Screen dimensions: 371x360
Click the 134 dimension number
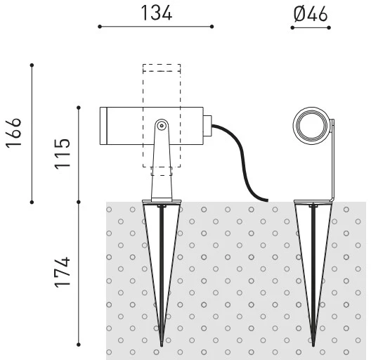coord(157,13)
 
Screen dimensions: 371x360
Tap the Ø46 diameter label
coord(311,14)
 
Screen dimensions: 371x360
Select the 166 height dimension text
coord(13,133)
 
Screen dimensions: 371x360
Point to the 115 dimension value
coord(63,154)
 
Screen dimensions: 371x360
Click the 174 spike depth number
coord(63,272)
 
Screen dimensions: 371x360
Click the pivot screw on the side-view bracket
coord(162,126)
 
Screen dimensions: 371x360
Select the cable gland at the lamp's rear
coord(207,126)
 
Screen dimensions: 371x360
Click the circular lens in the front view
coord(311,125)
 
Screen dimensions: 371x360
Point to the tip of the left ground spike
coord(162,346)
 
